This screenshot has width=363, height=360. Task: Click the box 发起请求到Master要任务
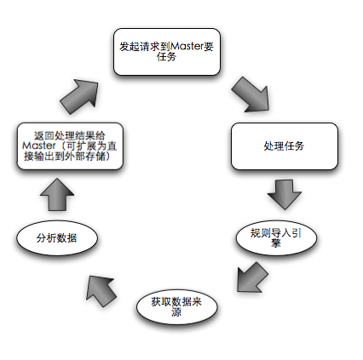[167, 52]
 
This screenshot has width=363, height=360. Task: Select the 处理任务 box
[285, 146]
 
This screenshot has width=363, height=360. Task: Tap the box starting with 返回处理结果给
[70, 146]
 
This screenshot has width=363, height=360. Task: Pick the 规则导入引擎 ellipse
[276, 237]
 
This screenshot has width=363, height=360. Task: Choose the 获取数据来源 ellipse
[176, 307]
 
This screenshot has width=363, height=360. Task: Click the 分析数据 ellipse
[57, 237]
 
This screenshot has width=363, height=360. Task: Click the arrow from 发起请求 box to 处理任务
[251, 94]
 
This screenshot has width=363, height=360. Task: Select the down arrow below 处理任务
[285, 195]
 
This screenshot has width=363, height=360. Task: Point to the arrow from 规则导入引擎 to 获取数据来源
[252, 277]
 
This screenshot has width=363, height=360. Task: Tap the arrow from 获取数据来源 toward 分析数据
[101, 291]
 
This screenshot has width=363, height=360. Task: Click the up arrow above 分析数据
[57, 195]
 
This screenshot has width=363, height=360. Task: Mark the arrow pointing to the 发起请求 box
[79, 96]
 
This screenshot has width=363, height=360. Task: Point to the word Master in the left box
[39, 146]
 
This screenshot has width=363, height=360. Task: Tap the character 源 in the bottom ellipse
[176, 312]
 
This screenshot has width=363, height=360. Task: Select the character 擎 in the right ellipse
[276, 243]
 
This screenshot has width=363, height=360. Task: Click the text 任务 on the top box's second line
[167, 57]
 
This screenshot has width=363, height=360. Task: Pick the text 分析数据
[57, 238]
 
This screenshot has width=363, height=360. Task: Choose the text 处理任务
[284, 146]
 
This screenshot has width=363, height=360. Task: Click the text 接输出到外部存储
[65, 157]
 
